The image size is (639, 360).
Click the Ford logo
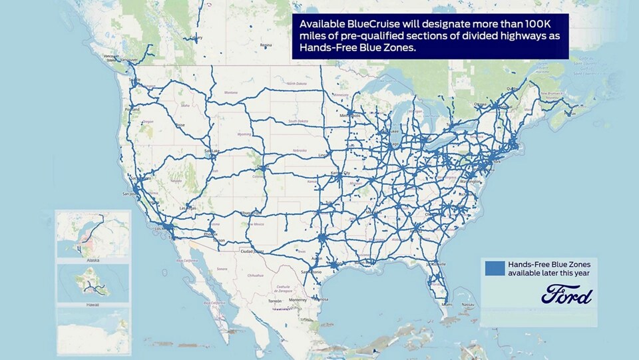[566, 293]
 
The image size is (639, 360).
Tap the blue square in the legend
[495, 268]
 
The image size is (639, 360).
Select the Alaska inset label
[93, 261]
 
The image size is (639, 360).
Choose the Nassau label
[469, 303]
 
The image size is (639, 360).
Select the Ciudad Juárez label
[252, 252]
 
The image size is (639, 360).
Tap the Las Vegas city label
[188, 208]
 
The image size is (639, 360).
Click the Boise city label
[180, 125]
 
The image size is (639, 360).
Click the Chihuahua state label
[256, 274]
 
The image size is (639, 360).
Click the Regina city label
[266, 45]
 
